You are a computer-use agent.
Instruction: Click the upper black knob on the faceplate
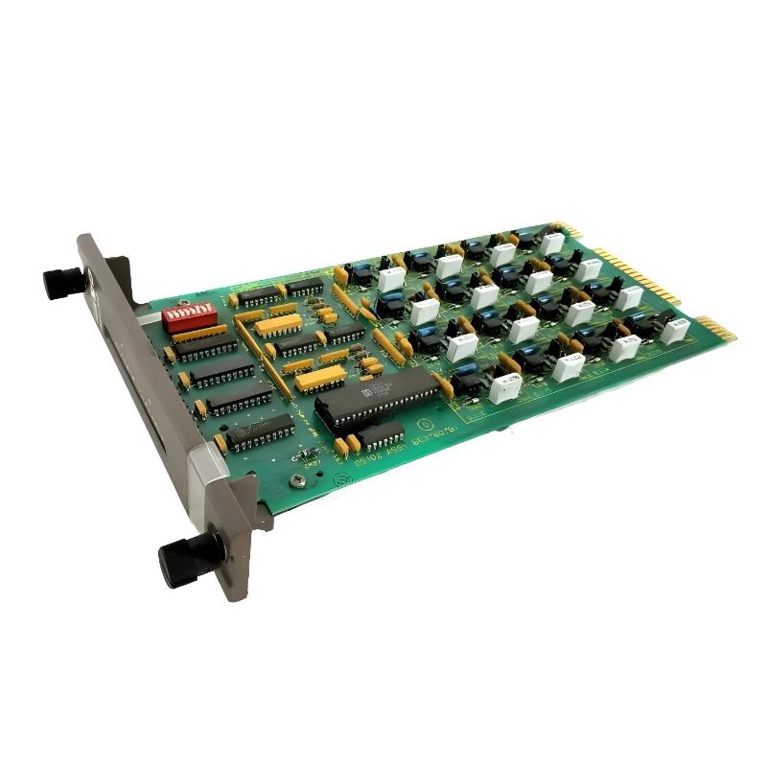pos(62,283)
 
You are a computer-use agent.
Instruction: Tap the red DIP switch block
pos(187,317)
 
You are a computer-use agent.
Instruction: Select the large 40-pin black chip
pos(377,398)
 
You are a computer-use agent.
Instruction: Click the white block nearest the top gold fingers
pos(552,244)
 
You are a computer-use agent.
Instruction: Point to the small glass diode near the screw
pos(308,453)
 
